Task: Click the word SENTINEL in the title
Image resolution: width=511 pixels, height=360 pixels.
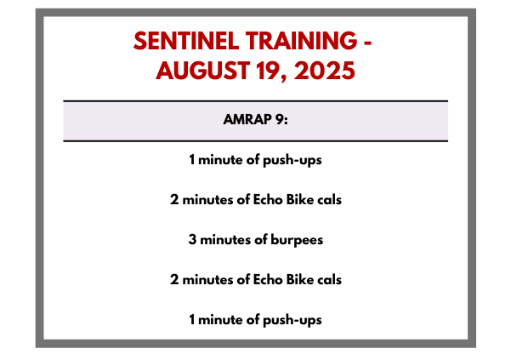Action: tap(186, 41)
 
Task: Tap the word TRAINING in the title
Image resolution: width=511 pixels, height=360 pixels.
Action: tap(302, 41)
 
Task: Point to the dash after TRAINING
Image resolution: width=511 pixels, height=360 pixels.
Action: tap(368, 43)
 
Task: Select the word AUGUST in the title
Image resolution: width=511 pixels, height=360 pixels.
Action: tap(202, 71)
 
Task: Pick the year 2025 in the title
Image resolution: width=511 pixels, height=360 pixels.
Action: tap(324, 71)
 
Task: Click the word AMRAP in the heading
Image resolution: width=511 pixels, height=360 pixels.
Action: tap(247, 119)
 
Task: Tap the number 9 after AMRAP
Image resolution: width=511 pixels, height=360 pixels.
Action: tap(281, 119)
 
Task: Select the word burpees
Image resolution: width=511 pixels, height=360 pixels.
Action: tap(297, 240)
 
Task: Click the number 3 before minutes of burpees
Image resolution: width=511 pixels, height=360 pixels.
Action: tap(192, 240)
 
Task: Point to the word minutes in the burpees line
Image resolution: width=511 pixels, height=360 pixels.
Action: tap(225, 240)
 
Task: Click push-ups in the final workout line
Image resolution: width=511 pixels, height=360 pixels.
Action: tap(292, 320)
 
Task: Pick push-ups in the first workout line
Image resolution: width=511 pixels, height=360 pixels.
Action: tap(292, 161)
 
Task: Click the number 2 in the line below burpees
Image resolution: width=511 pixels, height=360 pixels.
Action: tap(174, 279)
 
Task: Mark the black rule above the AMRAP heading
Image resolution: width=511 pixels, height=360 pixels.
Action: tap(255, 101)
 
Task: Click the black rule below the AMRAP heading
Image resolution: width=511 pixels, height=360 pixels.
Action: tap(255, 141)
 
